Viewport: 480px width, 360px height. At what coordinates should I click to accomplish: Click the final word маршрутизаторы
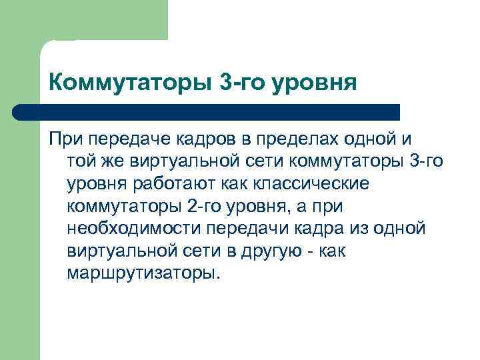143,273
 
